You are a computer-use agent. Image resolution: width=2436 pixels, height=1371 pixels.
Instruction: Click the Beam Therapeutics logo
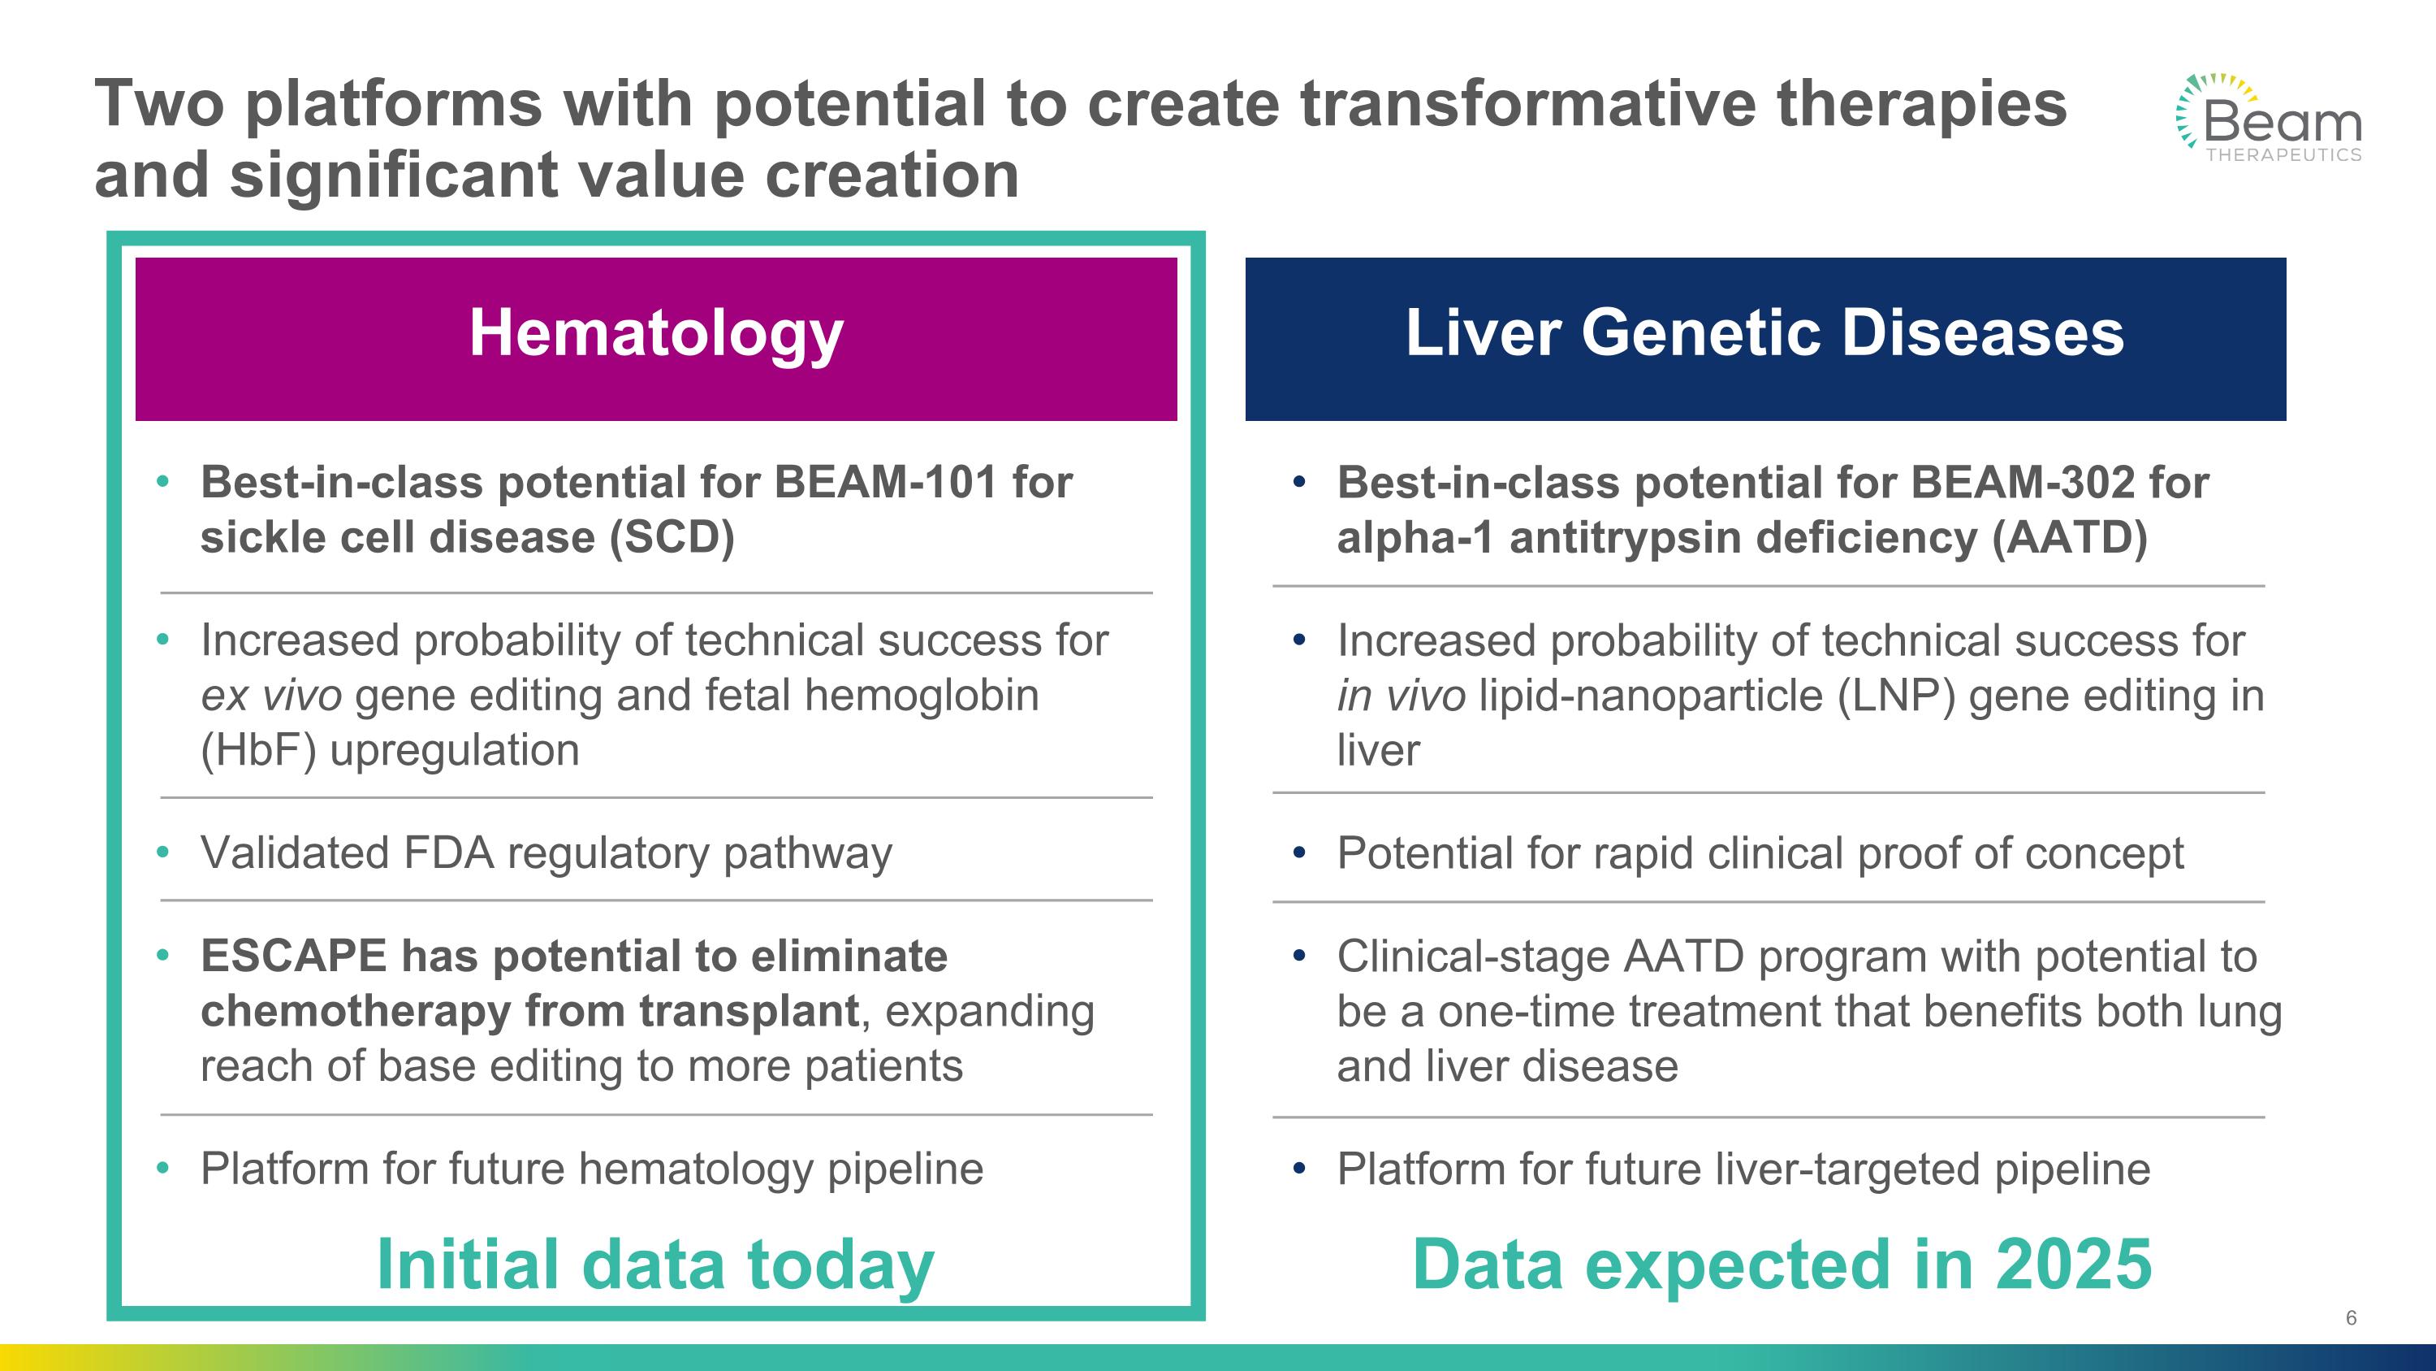(x=2269, y=117)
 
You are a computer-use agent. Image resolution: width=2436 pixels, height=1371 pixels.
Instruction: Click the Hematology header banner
(x=656, y=339)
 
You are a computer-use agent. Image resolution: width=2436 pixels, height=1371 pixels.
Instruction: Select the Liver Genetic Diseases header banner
(x=1765, y=339)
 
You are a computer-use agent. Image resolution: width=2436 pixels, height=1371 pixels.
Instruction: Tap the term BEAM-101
(x=885, y=483)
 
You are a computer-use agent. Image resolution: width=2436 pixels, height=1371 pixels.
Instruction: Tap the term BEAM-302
(x=2022, y=483)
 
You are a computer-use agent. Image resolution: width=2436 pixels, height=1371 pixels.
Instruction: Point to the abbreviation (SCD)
(x=672, y=538)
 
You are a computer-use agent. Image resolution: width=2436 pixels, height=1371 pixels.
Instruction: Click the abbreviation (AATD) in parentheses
(x=2069, y=538)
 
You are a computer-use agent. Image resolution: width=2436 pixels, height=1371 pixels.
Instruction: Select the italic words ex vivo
(x=271, y=696)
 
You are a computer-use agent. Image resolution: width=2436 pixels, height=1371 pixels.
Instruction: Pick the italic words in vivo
(x=1402, y=696)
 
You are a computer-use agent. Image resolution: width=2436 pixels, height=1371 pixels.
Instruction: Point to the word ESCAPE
(x=293, y=957)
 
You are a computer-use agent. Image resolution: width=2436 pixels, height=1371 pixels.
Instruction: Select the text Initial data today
(x=655, y=1266)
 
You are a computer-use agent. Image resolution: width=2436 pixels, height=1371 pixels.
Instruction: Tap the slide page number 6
(x=2351, y=1318)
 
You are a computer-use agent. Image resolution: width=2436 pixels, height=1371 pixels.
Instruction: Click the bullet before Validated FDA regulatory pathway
(x=162, y=853)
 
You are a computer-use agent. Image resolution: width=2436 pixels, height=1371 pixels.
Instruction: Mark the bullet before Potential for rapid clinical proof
(x=1299, y=853)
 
